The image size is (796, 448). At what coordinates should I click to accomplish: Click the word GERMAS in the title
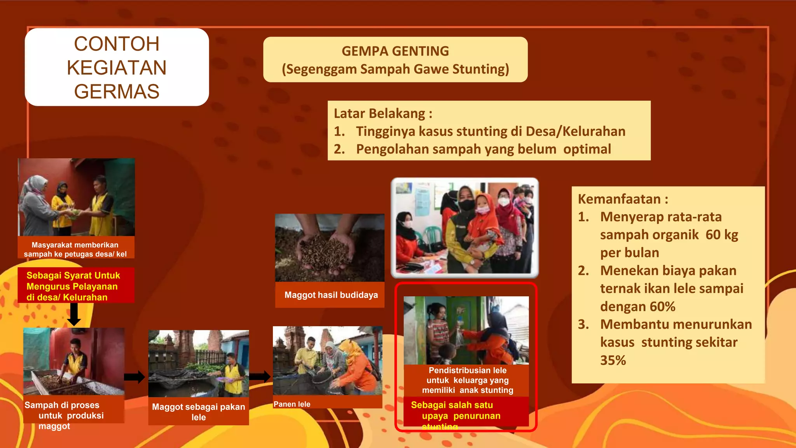(117, 92)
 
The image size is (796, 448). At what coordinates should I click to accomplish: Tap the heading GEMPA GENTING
(395, 51)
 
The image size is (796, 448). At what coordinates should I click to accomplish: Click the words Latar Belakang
(379, 114)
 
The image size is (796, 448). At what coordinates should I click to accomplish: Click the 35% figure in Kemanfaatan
(613, 360)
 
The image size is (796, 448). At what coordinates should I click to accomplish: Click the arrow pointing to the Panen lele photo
(260, 376)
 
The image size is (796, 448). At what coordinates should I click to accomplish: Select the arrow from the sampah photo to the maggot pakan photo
(134, 377)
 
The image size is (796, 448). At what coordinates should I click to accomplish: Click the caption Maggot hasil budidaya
(331, 295)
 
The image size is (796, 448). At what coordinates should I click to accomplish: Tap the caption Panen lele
(292, 404)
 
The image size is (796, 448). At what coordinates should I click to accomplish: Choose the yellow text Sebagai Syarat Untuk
(73, 275)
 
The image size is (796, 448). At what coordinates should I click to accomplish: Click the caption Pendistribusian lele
(467, 371)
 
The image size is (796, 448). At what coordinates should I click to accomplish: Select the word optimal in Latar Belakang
(587, 149)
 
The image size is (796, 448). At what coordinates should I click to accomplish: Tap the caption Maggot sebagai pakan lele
(198, 412)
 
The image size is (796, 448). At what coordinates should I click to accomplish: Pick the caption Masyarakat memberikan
(75, 245)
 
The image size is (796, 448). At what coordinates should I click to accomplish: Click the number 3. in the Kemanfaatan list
(583, 324)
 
